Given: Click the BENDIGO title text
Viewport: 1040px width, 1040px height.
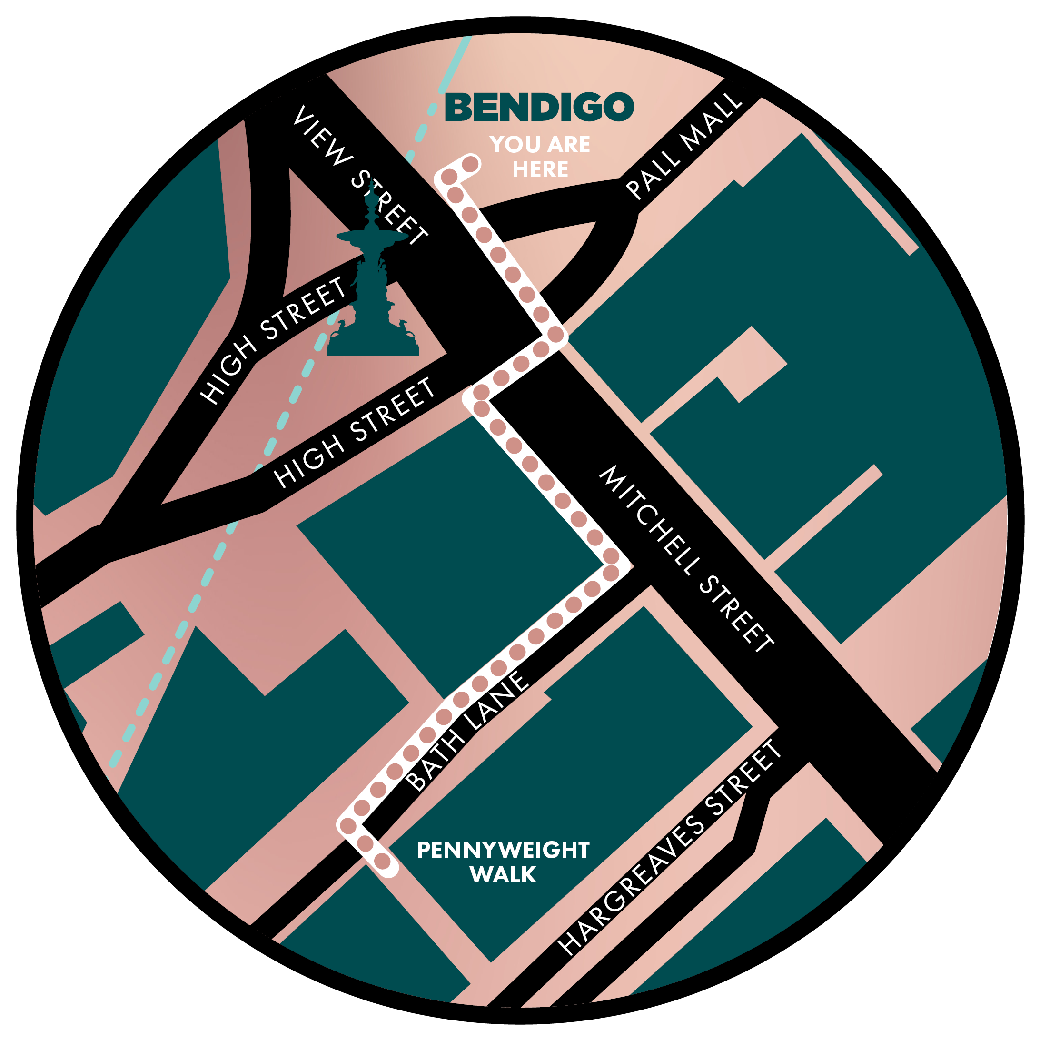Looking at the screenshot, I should click(x=539, y=107).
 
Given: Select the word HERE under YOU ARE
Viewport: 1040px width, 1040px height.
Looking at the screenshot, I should click(x=540, y=169).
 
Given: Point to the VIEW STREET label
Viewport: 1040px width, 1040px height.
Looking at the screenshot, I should click(x=359, y=175).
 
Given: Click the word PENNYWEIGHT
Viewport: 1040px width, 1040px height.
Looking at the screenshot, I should click(x=503, y=850).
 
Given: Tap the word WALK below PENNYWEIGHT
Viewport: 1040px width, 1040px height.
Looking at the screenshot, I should click(x=503, y=875).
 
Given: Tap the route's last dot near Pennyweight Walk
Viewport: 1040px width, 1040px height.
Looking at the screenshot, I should click(x=382, y=862).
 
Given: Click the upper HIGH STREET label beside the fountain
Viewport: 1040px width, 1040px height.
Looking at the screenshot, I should click(x=274, y=340).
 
